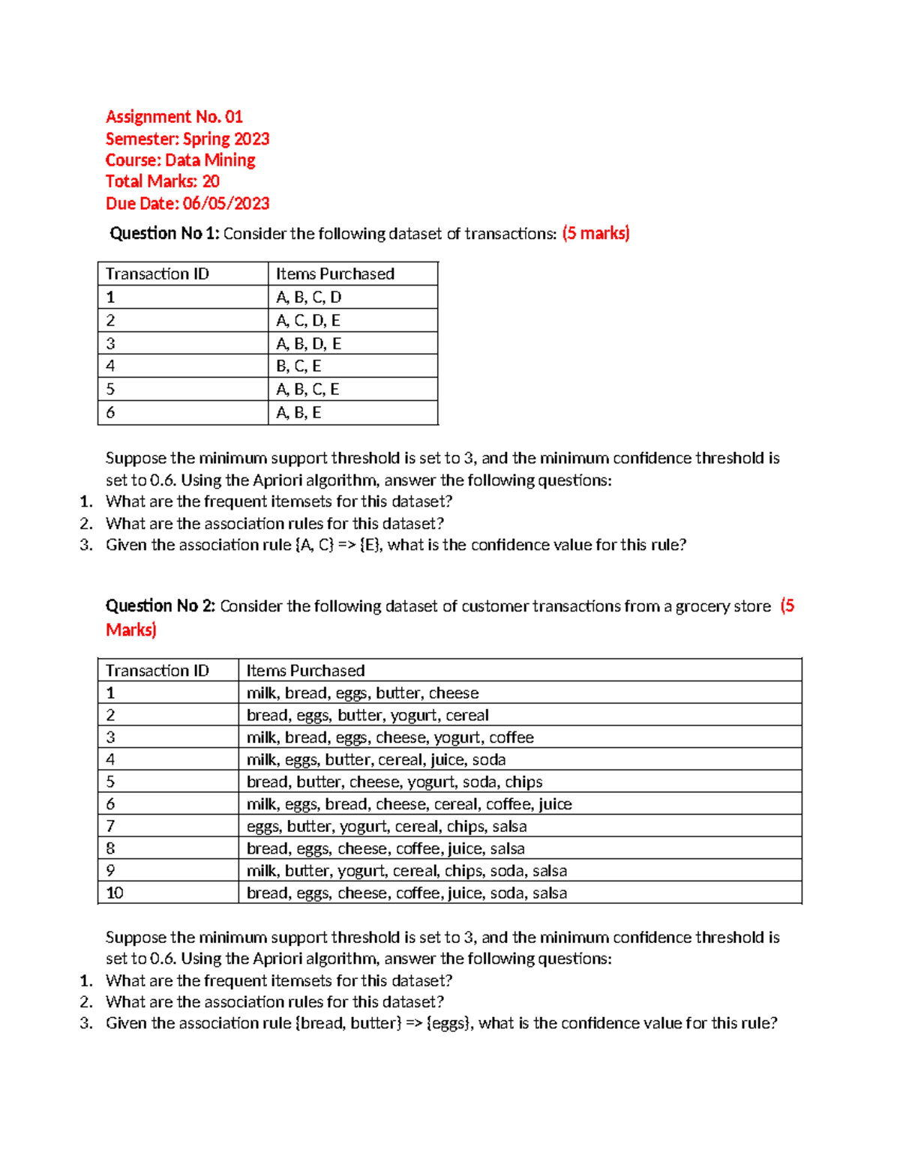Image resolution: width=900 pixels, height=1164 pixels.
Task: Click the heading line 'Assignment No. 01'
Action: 174,117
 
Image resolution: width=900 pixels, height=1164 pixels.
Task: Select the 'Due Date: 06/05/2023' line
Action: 187,204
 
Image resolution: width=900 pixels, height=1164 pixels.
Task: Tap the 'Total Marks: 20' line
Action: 163,181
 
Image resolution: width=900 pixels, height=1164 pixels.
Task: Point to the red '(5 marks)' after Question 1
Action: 595,234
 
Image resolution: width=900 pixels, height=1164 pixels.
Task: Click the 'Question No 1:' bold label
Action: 164,234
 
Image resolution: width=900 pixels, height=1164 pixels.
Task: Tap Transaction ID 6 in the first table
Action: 111,413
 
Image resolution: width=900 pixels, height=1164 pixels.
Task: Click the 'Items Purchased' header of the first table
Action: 334,274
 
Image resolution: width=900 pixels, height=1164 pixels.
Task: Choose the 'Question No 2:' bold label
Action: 160,606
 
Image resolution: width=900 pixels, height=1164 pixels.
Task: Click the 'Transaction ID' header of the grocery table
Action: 157,671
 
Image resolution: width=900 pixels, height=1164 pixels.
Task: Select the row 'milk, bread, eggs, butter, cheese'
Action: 362,693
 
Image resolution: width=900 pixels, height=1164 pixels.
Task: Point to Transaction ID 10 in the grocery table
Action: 115,893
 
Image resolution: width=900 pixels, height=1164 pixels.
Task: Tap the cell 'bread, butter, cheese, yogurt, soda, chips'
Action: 394,782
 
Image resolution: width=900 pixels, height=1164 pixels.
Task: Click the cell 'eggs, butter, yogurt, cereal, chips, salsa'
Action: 386,827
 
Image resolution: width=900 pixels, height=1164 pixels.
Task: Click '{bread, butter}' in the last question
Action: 349,1024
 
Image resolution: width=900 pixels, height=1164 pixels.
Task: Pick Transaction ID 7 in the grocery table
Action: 111,827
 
